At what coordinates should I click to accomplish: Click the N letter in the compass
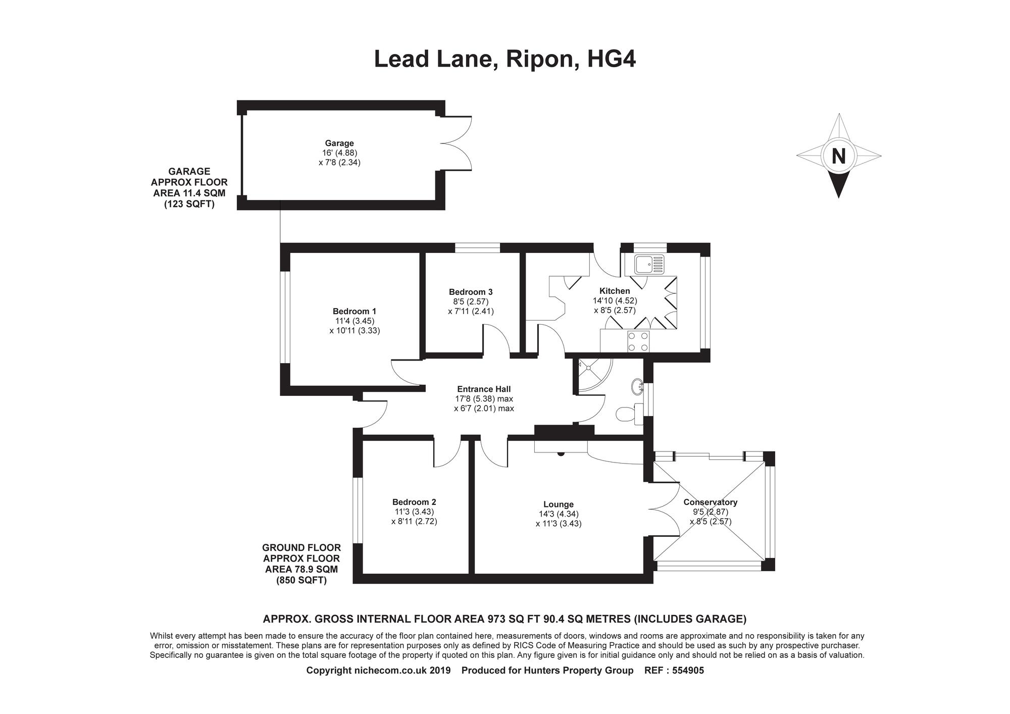tap(838, 156)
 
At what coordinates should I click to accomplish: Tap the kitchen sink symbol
tap(650, 264)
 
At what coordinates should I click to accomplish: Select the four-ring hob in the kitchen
tap(638, 341)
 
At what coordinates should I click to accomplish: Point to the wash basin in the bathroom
tap(637, 387)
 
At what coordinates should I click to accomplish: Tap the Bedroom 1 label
tap(354, 311)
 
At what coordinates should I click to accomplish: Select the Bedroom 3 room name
tap(470, 292)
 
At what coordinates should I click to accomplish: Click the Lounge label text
tap(558, 504)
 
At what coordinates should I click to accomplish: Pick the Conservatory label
tap(710, 502)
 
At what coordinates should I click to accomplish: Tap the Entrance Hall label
tap(483, 389)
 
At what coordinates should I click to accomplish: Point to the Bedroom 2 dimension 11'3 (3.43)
tap(414, 512)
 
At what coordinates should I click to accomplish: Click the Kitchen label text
tap(614, 291)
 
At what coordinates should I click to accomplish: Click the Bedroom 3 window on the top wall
tap(477, 247)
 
